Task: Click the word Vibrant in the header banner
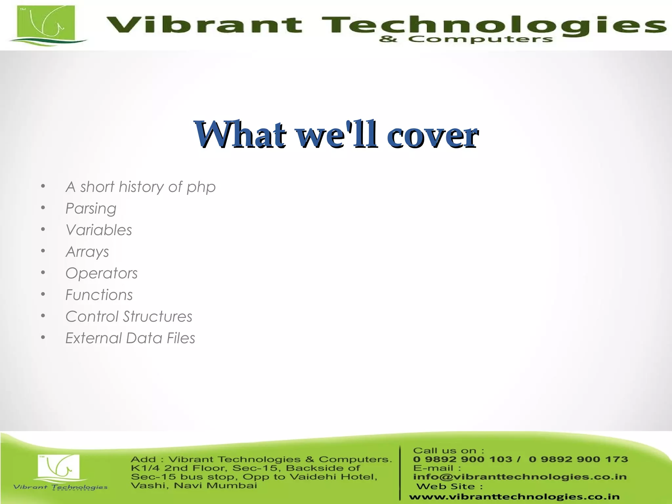click(204, 25)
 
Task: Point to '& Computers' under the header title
click(466, 39)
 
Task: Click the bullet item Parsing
click(91, 209)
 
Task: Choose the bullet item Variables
click(99, 230)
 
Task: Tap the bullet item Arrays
click(87, 252)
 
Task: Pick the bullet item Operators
click(101, 273)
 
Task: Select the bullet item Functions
click(99, 295)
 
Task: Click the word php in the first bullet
click(201, 187)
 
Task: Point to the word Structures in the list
click(157, 317)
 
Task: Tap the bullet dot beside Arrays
click(43, 251)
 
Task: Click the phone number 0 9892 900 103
click(462, 459)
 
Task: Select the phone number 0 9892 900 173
click(578, 459)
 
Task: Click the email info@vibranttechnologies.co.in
click(520, 476)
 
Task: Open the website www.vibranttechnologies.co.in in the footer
click(514, 497)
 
